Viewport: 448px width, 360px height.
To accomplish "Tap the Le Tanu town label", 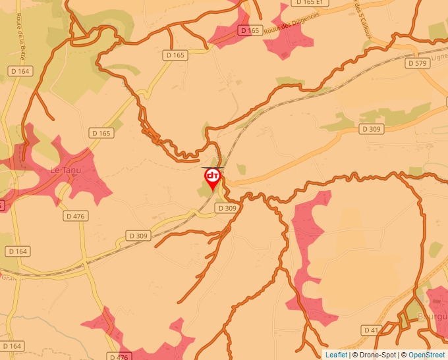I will pos(66,170).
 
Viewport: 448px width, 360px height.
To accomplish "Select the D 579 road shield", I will pos(418,63).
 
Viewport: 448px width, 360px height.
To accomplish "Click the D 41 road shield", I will pos(371,329).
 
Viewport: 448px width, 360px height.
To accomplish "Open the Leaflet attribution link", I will pos(336,355).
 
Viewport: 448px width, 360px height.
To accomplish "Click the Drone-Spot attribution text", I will pos(374,355).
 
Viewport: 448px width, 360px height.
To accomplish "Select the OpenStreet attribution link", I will pos(426,355).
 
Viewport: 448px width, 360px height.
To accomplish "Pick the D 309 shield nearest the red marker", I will pos(226,208).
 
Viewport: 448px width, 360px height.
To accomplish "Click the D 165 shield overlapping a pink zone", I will pos(250,30).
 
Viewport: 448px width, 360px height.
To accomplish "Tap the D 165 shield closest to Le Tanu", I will pos(102,133).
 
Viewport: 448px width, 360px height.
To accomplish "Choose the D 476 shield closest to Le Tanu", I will pos(76,216).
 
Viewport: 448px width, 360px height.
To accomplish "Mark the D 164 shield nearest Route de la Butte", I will pos(20,70).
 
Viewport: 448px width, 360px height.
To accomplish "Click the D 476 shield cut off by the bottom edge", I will pos(117,357).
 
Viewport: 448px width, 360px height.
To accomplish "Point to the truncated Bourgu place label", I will pos(432,317).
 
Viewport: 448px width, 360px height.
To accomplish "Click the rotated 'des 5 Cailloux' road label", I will pos(361,18).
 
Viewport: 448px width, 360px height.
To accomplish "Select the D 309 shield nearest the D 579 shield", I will pos(372,129).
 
